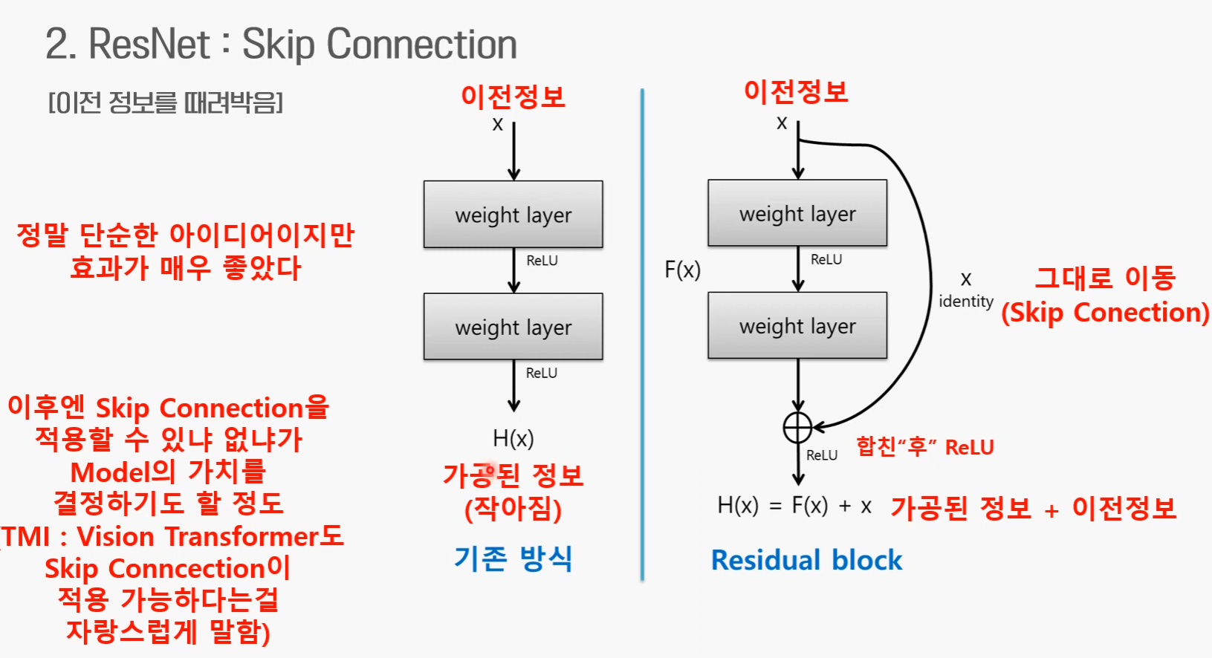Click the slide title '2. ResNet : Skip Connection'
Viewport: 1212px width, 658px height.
point(281,44)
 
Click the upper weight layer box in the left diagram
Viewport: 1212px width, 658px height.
point(513,215)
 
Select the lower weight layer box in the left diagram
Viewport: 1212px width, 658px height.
point(513,327)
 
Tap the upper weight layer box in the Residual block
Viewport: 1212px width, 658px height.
point(797,213)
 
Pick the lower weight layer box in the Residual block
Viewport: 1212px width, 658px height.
point(797,325)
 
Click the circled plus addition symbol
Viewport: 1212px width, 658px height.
point(797,427)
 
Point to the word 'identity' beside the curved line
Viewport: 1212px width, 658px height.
point(965,302)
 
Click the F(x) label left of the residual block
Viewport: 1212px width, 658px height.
point(682,270)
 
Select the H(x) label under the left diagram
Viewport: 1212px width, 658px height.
point(513,438)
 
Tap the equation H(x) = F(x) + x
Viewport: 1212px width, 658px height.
point(794,506)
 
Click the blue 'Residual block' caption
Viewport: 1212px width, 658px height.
point(806,560)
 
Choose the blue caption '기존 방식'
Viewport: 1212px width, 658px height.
point(513,558)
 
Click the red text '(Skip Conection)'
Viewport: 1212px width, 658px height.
point(1104,313)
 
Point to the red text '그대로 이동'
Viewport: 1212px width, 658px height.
point(1105,278)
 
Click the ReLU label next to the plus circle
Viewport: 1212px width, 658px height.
point(822,455)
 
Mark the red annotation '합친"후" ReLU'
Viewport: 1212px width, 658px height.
point(924,447)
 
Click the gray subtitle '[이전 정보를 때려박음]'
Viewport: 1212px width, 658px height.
point(166,102)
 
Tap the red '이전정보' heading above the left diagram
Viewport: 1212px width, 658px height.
point(513,97)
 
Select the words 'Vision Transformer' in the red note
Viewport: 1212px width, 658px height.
point(198,536)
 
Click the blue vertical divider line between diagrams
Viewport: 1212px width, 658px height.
point(642,334)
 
